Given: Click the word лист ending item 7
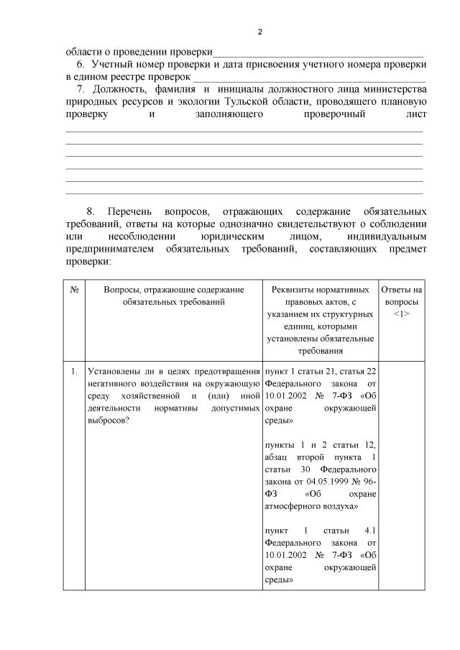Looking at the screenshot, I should pyautogui.click(x=416, y=114).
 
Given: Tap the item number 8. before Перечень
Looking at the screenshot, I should pyautogui.click(x=91, y=211).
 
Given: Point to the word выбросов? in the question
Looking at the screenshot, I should pyautogui.click(x=108, y=420).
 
